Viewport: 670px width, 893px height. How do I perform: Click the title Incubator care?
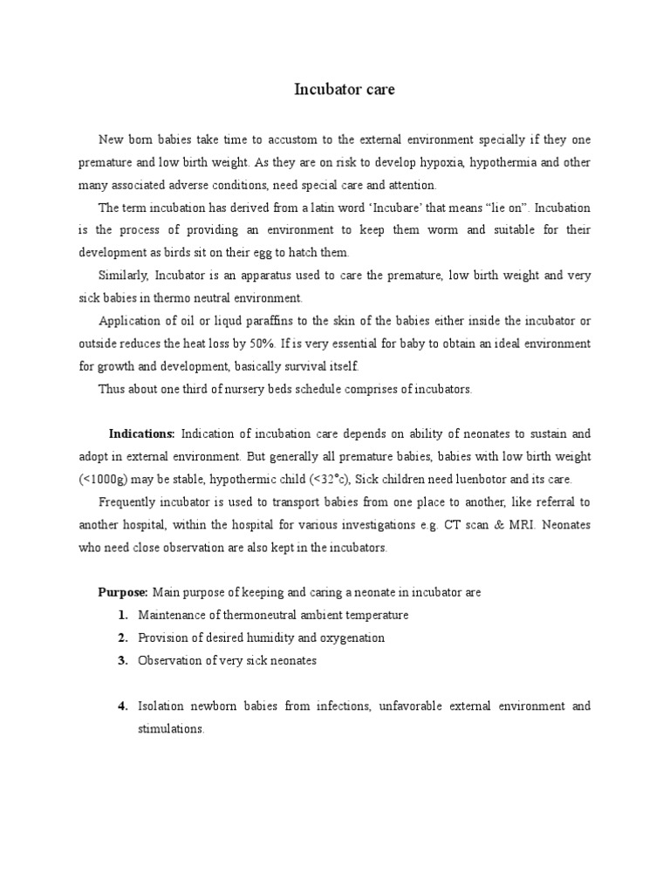pyautogui.click(x=344, y=90)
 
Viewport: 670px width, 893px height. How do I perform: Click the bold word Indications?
pyautogui.click(x=142, y=433)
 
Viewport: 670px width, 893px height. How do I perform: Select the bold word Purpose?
pyautogui.click(x=123, y=592)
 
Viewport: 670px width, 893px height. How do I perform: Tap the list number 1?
pyautogui.click(x=124, y=615)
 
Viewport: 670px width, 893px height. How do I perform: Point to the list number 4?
pyautogui.click(x=124, y=706)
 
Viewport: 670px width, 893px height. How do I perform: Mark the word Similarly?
pyautogui.click(x=124, y=276)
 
